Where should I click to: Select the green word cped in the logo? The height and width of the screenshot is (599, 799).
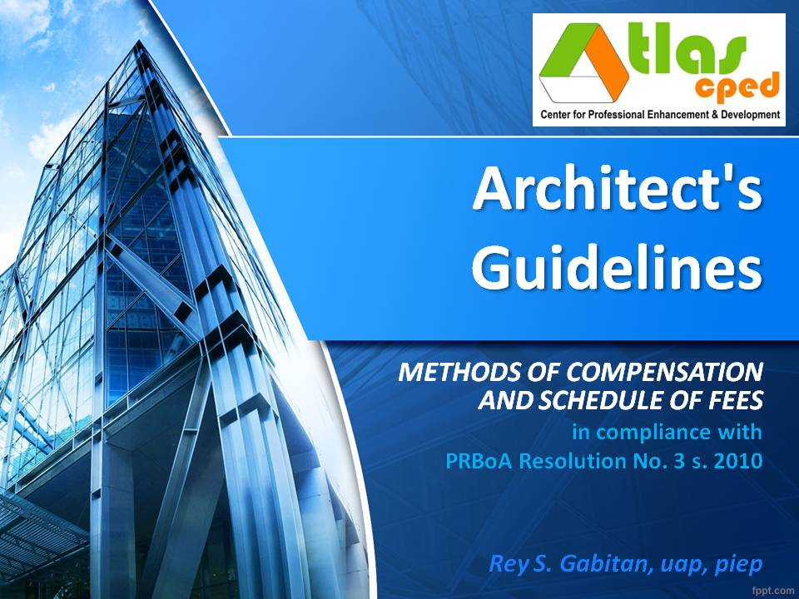[x=744, y=86]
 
